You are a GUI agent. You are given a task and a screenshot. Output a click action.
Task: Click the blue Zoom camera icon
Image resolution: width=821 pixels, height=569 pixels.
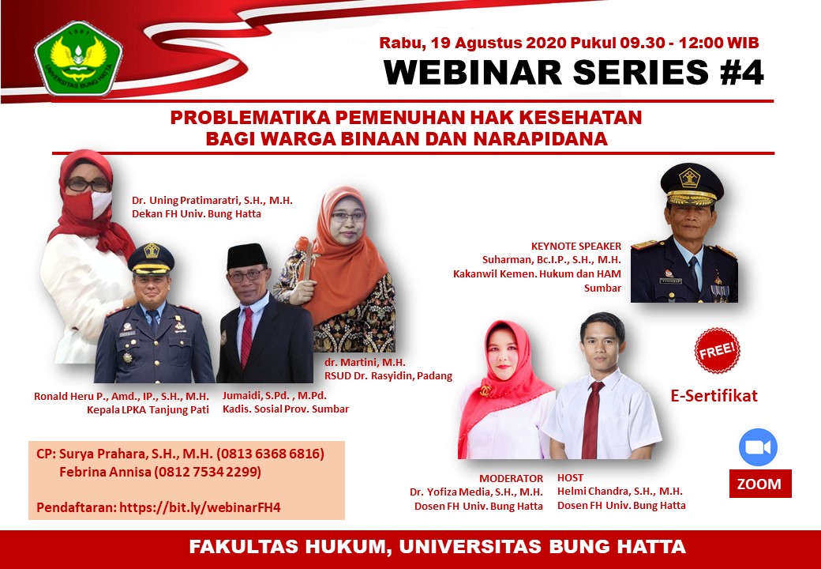[x=758, y=447]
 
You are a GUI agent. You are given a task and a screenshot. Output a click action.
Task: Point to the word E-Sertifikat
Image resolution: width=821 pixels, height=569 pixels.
[x=714, y=396]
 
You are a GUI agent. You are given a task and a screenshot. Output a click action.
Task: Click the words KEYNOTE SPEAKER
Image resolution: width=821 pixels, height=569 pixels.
[x=576, y=246]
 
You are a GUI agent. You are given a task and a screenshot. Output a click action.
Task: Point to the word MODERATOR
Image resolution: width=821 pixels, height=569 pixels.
[x=511, y=478]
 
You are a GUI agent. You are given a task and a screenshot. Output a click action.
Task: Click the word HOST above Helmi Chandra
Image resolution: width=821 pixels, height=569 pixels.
[x=571, y=478]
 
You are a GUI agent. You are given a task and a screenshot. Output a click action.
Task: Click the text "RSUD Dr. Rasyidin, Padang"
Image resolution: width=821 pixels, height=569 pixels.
[x=388, y=375]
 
